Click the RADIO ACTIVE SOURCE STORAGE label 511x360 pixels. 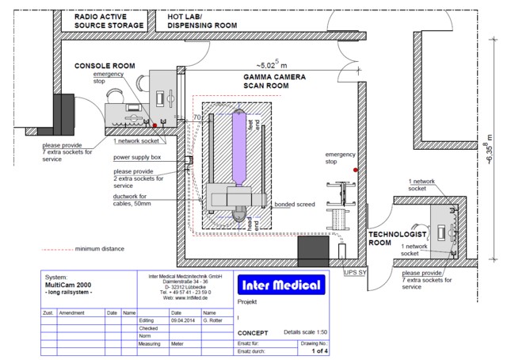[x=109, y=21]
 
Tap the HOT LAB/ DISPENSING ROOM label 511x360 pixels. [x=201, y=21]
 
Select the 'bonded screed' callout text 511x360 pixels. [x=295, y=204]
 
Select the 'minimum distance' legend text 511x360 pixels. [x=103, y=249]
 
